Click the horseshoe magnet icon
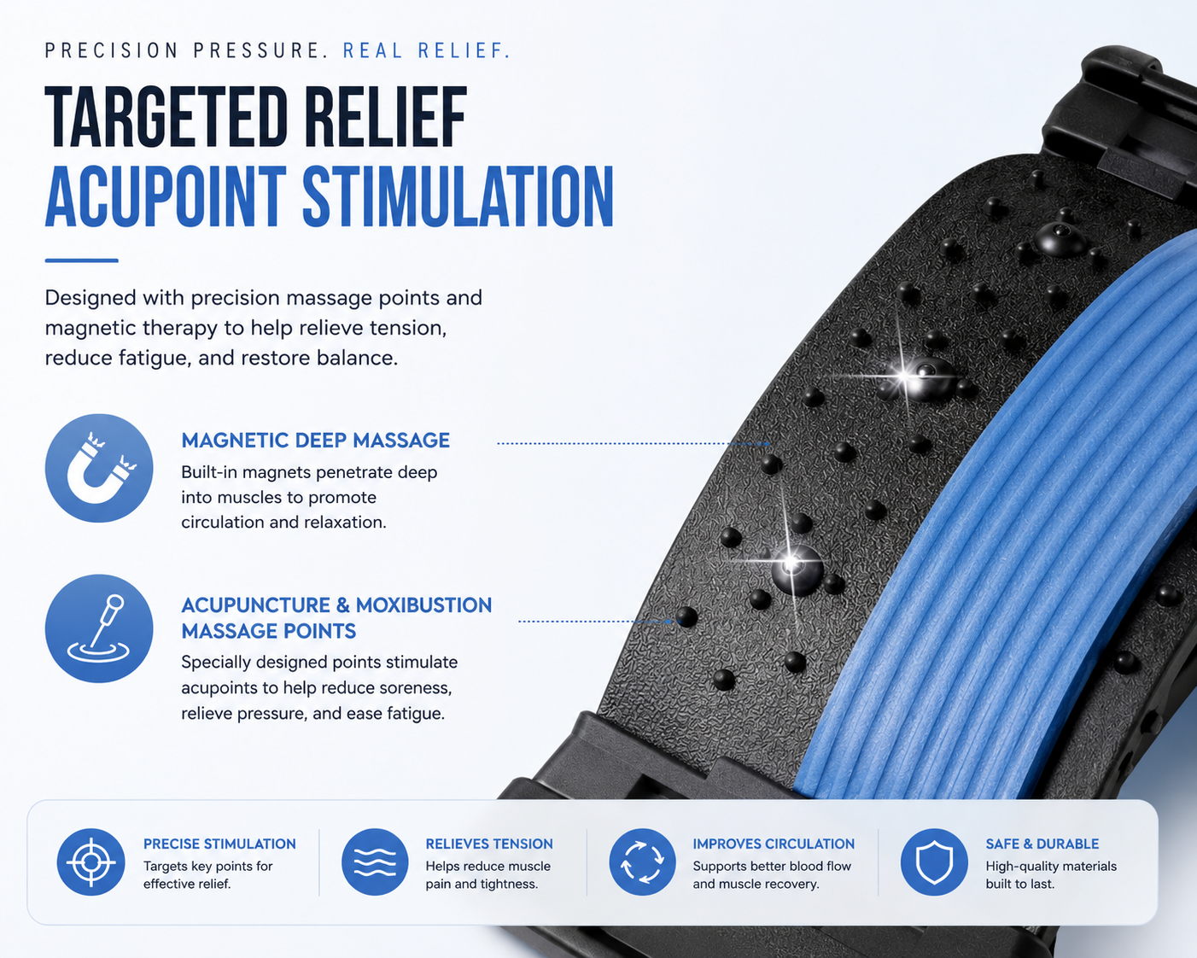(x=99, y=468)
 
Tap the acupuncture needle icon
(x=99, y=628)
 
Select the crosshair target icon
(x=91, y=862)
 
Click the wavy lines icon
(x=375, y=862)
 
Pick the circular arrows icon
(x=642, y=862)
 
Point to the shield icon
(x=934, y=862)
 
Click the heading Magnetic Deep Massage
(x=315, y=441)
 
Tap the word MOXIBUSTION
(x=423, y=605)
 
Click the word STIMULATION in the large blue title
(x=458, y=196)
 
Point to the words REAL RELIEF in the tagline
(x=426, y=50)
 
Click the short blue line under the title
(x=82, y=260)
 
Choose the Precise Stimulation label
(x=219, y=844)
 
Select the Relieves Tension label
(x=489, y=844)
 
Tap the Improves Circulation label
(x=774, y=844)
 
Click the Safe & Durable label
(x=1042, y=844)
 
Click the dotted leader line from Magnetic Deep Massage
(x=633, y=443)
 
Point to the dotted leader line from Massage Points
(x=596, y=621)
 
